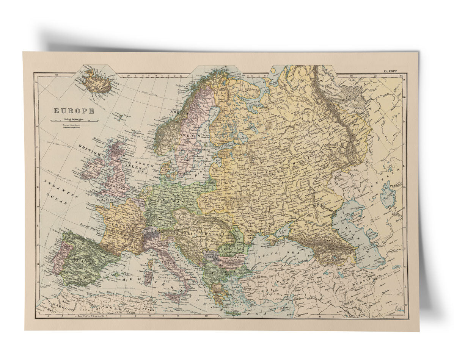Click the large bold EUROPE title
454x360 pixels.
point(74,111)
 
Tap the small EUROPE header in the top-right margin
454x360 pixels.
point(390,71)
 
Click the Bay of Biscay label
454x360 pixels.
point(88,226)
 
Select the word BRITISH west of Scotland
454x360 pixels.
point(90,150)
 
